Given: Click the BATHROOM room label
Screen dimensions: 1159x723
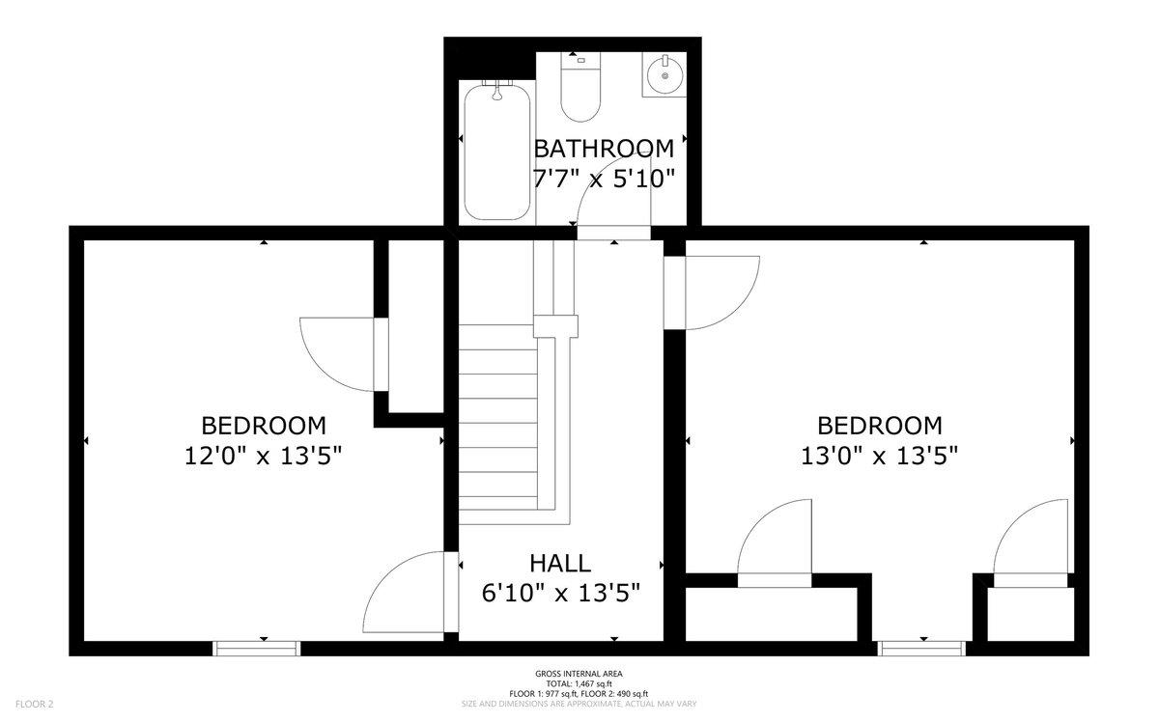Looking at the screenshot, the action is tap(604, 149).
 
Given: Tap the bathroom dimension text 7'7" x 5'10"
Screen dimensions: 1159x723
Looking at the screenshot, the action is tap(604, 179).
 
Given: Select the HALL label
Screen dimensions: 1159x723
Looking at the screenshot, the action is tap(560, 563).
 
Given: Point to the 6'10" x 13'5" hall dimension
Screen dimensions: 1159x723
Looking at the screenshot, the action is tap(561, 593).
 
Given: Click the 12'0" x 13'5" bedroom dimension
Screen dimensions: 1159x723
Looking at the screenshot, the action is tap(264, 457).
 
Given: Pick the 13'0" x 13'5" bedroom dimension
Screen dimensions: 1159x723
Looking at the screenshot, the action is tap(880, 457).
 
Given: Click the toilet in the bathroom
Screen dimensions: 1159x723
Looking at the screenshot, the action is tap(581, 87).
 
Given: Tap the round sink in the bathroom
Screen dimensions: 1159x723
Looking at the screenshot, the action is tap(664, 75).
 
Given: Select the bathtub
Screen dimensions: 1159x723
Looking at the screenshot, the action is tap(497, 152).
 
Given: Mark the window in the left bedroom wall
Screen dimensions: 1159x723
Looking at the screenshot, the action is tap(256, 649).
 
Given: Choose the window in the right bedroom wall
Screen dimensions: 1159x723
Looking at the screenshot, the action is tap(921, 649).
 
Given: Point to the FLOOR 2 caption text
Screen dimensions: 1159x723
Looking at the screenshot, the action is tap(34, 704).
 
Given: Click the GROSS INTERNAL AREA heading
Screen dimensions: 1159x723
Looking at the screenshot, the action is tap(579, 674).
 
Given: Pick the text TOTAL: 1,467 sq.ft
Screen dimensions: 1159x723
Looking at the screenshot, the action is tap(579, 683).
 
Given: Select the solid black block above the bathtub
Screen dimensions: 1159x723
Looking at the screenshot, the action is tap(490, 59).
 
